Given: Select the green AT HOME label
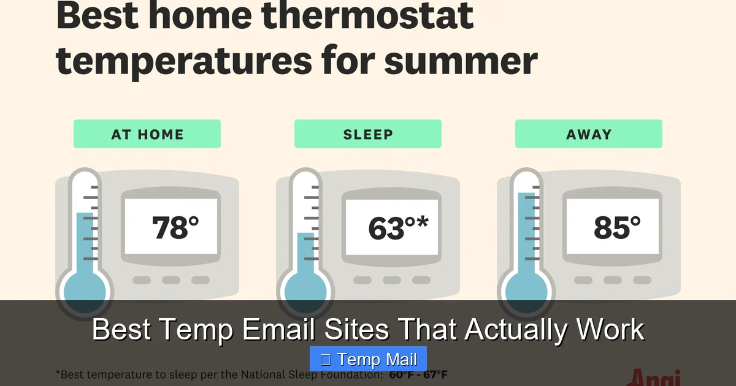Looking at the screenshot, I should click(x=147, y=134).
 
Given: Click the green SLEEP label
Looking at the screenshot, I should click(x=368, y=134).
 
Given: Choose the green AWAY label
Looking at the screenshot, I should click(x=589, y=134).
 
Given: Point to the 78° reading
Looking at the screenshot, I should click(x=175, y=228).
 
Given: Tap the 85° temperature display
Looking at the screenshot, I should click(x=617, y=228).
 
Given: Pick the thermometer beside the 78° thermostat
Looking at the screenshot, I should click(x=85, y=245).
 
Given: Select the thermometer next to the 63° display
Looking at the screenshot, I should click(x=305, y=245).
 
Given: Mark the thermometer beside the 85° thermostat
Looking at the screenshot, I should click(x=526, y=245).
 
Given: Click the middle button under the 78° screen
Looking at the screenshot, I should click(x=171, y=280).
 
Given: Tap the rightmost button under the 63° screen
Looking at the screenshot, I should click(x=421, y=280).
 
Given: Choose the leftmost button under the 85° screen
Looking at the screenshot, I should click(x=583, y=280).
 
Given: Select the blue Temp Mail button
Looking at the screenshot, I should click(x=368, y=359).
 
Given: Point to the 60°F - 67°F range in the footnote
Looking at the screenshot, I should click(x=418, y=374).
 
